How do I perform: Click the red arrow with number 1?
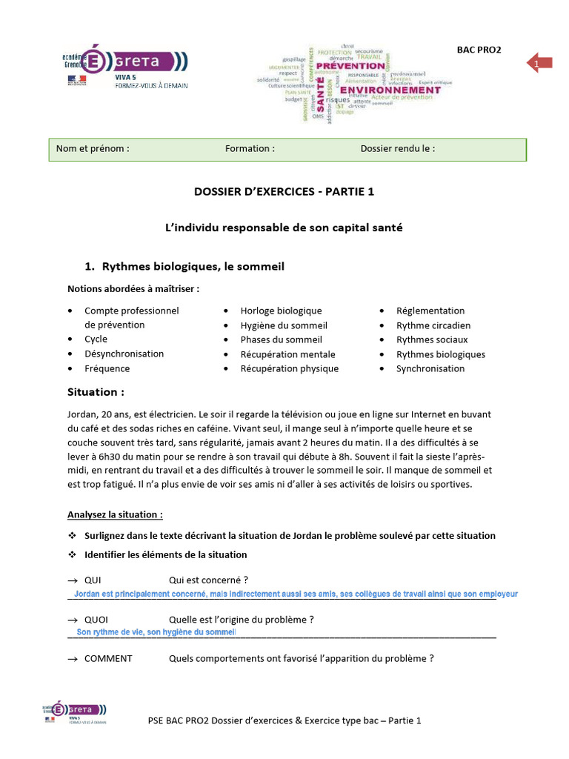point(539,64)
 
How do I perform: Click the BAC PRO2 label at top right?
point(479,50)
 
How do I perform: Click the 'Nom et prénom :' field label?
point(93,148)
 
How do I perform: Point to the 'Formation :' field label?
point(250,148)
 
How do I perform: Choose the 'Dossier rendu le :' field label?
point(397,148)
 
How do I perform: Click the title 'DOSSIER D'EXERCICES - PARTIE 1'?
point(284,191)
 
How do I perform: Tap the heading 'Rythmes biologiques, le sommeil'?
point(193,266)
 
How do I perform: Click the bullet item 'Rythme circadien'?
point(433,325)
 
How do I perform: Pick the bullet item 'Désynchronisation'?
point(124,354)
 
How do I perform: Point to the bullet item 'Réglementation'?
point(430,311)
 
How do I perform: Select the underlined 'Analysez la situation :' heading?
point(115,514)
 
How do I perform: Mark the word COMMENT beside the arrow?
point(108,658)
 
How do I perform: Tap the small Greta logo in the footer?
point(74,713)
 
